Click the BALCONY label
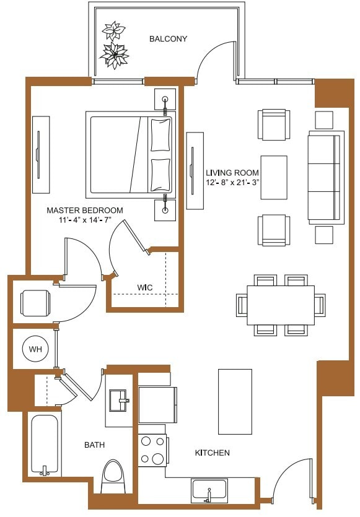click(168, 39)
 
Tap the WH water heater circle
click(33, 349)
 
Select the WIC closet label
click(146, 287)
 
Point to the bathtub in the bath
click(44, 445)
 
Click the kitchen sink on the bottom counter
click(209, 490)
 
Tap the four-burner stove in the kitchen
click(152, 450)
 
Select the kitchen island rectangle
click(235, 401)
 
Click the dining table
click(281, 305)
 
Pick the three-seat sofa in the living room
click(325, 177)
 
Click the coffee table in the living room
click(273, 177)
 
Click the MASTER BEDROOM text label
click(85, 211)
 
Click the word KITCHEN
click(213, 453)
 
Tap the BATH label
click(94, 445)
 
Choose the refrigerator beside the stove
click(157, 404)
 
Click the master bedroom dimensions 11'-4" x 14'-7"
click(85, 220)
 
